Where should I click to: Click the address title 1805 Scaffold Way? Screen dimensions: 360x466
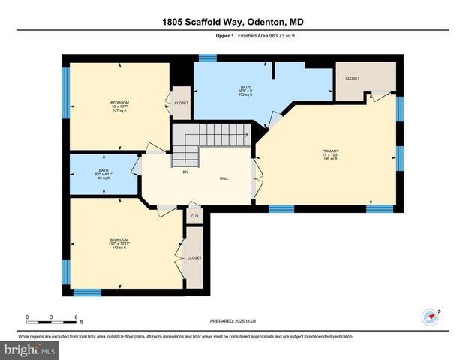tap(232, 22)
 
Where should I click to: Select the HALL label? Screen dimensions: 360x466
tap(224, 178)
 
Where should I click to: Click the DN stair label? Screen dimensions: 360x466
tap(185, 172)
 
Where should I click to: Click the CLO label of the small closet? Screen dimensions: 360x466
tap(194, 216)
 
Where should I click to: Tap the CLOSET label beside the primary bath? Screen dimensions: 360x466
tap(352, 78)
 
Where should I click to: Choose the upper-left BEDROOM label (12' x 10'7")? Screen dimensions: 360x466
tap(120, 103)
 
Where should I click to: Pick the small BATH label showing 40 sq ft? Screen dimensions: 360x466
tap(103, 171)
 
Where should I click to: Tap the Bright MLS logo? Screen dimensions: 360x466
tap(30, 350)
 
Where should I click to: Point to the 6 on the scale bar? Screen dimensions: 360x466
tap(77, 316)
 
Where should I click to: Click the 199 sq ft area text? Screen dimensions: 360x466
tap(326, 160)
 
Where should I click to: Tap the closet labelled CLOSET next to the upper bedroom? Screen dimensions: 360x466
tap(182, 103)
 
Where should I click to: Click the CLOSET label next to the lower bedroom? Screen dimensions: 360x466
tap(194, 256)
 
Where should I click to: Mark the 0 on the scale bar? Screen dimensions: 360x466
tap(27, 316)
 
